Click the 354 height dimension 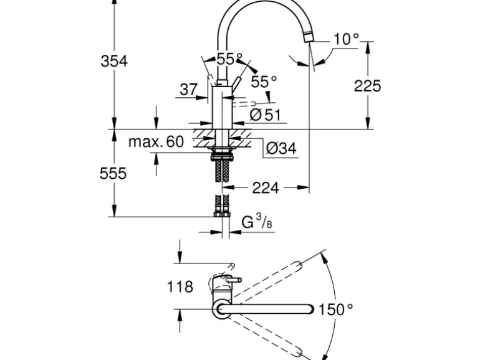[x=114, y=60]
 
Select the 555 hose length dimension [x=113, y=173]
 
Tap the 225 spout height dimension [x=368, y=85]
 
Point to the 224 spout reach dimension [x=266, y=186]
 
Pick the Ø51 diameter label [x=265, y=115]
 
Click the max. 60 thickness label [x=156, y=142]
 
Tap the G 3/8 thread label [x=256, y=221]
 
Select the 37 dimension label [x=188, y=90]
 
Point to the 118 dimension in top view [x=181, y=287]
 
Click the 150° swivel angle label [x=335, y=308]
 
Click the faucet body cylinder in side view [x=223, y=108]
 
